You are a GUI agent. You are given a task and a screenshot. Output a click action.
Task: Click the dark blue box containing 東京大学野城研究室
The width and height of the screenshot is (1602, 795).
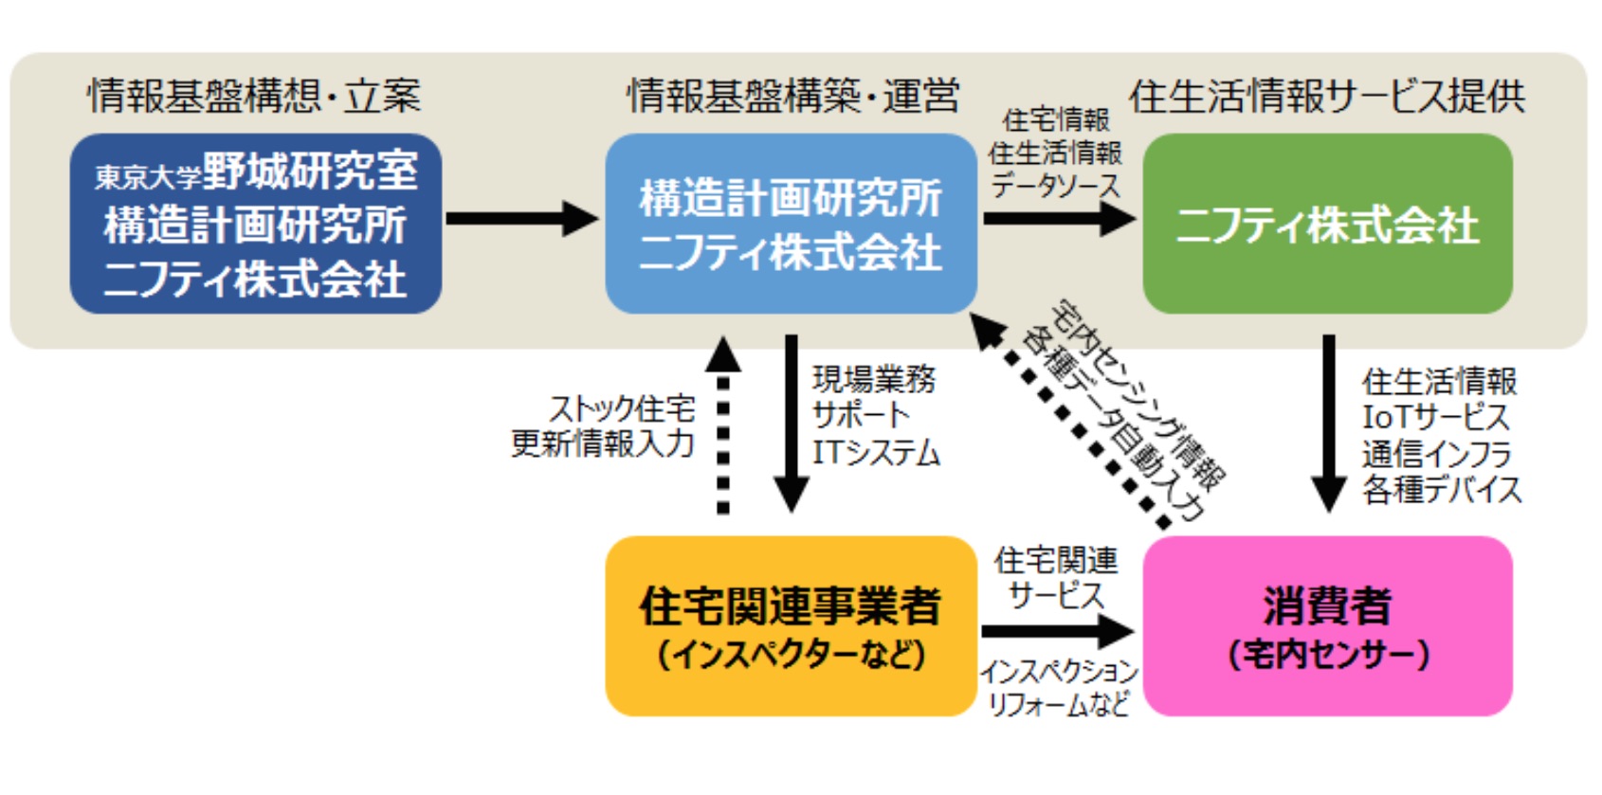[x=256, y=224]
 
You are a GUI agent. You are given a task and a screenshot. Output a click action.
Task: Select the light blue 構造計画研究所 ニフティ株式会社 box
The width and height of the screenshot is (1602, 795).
[x=791, y=224]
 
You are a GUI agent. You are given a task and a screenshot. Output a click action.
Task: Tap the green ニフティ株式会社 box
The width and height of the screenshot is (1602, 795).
[x=1327, y=224]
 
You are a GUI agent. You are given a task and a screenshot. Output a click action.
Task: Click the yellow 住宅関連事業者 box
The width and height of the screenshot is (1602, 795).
[x=791, y=626]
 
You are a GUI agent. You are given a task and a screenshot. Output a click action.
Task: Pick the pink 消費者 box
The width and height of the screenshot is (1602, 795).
[x=1327, y=626]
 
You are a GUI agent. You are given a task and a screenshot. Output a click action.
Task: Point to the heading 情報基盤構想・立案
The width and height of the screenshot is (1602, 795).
[x=254, y=96]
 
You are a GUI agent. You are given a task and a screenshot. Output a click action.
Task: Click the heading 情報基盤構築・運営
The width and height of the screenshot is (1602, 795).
[x=792, y=96]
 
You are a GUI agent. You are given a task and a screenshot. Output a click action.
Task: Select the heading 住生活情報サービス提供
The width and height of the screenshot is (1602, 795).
[x=1327, y=96]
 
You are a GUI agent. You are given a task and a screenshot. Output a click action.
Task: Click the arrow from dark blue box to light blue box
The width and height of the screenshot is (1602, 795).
[x=521, y=218]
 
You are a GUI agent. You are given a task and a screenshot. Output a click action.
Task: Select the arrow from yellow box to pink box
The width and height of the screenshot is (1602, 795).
[x=1058, y=631]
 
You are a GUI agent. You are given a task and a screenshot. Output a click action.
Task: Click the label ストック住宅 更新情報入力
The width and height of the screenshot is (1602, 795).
[x=603, y=426]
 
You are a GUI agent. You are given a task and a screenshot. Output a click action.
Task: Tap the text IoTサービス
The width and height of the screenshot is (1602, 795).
[x=1435, y=418]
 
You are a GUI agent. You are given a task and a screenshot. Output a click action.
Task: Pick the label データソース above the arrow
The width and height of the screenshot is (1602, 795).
[x=1055, y=185]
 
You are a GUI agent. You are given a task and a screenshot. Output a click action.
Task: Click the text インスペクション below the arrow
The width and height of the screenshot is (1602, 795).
[x=1059, y=672]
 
